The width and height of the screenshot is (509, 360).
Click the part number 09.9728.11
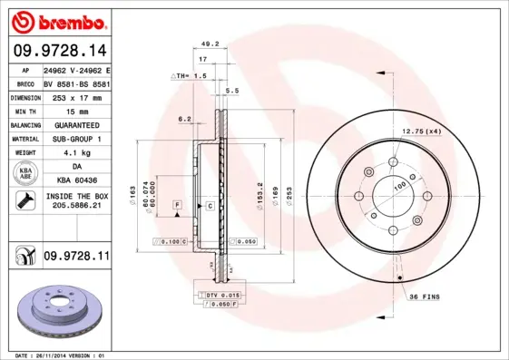(75, 258)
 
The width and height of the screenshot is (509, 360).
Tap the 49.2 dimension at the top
(210, 43)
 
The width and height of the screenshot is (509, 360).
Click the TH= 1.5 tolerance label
(191, 76)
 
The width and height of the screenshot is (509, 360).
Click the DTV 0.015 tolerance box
(220, 297)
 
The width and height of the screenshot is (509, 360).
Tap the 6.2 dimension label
(185, 119)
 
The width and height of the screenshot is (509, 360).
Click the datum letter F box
(177, 207)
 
